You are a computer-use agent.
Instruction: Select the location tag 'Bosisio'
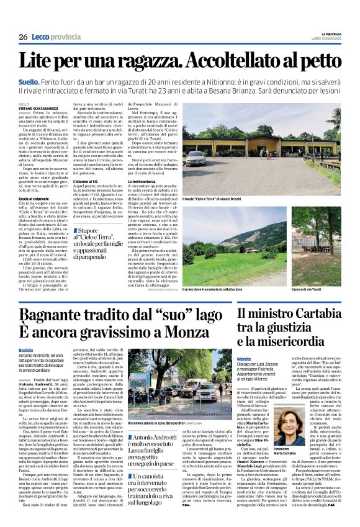26,350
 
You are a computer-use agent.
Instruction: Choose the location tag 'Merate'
245,359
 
